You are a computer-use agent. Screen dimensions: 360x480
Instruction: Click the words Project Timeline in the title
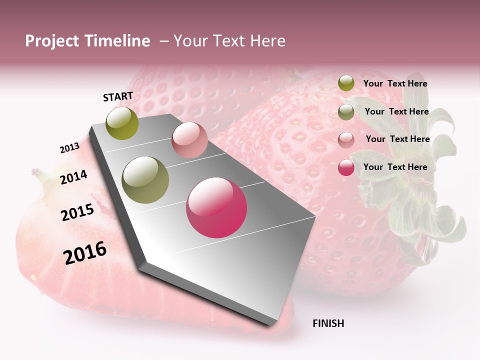tap(87, 41)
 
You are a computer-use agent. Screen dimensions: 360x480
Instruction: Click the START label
tap(118, 96)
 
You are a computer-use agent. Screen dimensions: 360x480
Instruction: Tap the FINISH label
tap(328, 323)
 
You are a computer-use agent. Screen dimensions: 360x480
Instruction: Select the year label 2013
tap(69, 148)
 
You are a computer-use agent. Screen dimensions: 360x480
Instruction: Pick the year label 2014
tap(73, 177)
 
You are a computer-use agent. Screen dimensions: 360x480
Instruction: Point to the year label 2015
tap(77, 212)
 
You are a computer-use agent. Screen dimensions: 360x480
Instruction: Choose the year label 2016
tap(85, 252)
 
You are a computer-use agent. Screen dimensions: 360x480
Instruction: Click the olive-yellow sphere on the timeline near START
tap(122, 123)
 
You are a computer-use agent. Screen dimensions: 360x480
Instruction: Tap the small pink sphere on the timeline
tap(189, 140)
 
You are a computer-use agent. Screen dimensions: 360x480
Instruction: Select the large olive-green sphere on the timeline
tap(145, 180)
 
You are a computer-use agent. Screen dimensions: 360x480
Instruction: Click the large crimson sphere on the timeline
tap(216, 207)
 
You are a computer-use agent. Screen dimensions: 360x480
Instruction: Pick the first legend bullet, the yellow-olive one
tap(346, 83)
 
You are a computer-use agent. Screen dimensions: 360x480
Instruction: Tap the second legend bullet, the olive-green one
tap(346, 112)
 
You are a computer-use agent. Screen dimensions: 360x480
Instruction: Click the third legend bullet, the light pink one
tap(346, 140)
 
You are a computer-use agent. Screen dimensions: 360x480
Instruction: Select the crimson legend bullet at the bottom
tap(346, 167)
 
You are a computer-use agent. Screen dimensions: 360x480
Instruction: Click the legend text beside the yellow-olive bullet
tap(395, 83)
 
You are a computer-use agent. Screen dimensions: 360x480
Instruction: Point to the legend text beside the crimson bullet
tap(395, 167)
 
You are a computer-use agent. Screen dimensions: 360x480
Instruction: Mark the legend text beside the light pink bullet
tap(397, 139)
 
